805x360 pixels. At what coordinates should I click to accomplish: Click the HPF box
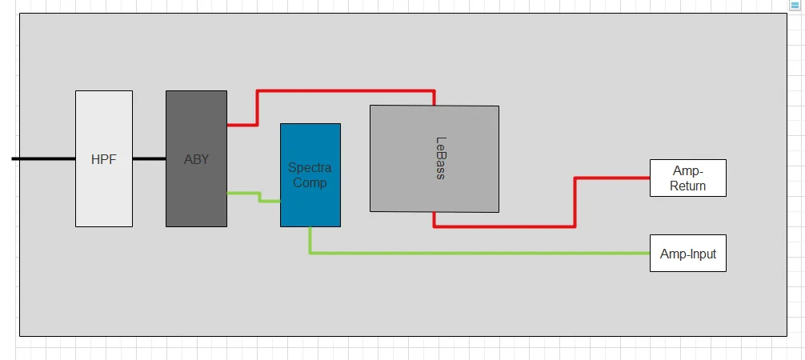(x=104, y=192)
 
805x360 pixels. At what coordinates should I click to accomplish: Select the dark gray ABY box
(x=196, y=192)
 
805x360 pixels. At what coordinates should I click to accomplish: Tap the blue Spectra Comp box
(x=310, y=204)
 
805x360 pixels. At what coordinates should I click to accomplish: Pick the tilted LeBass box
(x=435, y=184)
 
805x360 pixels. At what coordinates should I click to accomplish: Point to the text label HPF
(x=104, y=159)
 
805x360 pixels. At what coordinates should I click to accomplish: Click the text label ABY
(x=196, y=159)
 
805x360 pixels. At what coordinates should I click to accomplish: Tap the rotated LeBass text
(x=440, y=158)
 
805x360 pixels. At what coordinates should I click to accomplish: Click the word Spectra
(x=310, y=168)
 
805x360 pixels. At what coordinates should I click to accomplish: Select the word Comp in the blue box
(x=310, y=182)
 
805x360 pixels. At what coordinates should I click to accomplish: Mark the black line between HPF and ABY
(x=149, y=158)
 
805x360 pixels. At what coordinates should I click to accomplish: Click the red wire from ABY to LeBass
(x=344, y=91)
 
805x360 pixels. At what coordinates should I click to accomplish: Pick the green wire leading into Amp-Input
(x=480, y=253)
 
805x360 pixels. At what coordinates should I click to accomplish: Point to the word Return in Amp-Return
(x=688, y=186)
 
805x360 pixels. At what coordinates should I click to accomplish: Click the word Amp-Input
(x=688, y=254)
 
